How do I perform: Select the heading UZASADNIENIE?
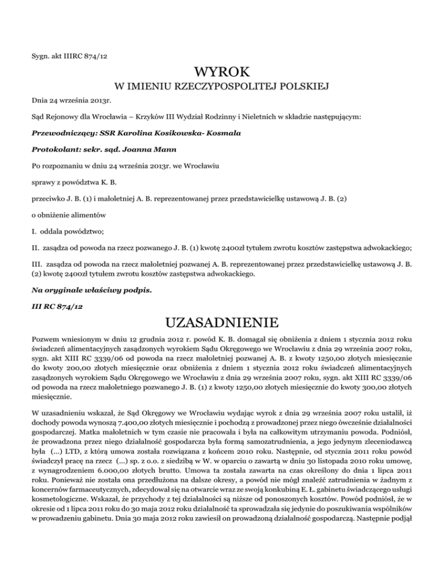(x=222, y=320)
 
